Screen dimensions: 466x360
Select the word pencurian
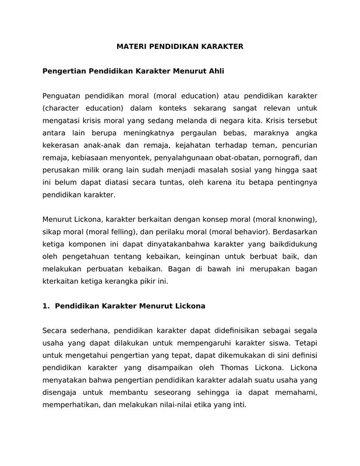tap(299, 144)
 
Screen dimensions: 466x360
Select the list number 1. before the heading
tap(47, 306)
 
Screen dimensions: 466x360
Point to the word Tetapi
tap(305, 343)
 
